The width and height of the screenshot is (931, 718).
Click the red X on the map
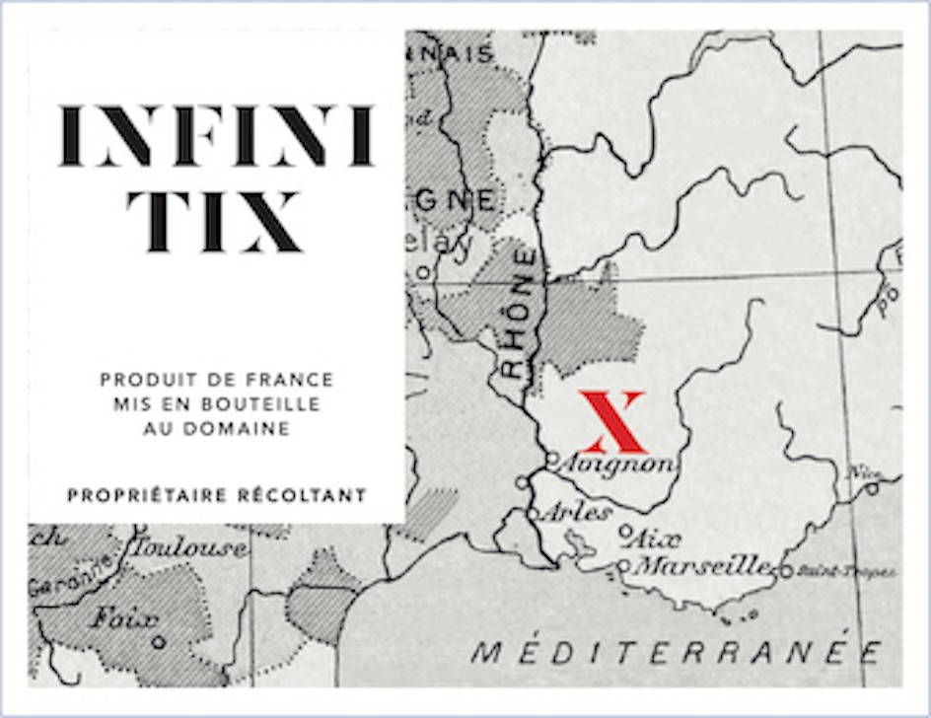tap(611, 421)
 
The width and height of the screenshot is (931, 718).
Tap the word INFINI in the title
tap(216, 136)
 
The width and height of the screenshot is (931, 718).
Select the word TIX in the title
tap(214, 220)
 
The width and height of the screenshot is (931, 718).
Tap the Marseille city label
tap(703, 566)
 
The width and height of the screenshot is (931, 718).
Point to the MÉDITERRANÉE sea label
tap(676, 652)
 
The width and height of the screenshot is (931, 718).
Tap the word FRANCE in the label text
tap(298, 380)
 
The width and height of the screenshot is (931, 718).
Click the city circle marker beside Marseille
tap(623, 566)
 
